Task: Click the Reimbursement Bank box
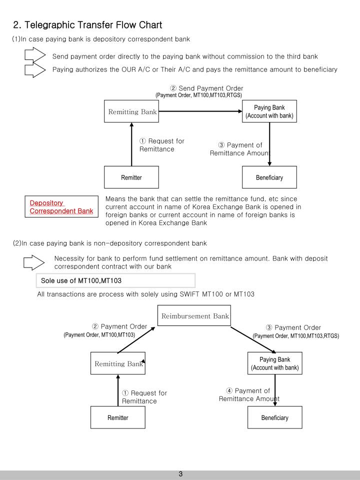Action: [194, 316]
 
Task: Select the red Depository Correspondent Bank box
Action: [61, 207]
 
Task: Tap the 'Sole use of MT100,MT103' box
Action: [115, 280]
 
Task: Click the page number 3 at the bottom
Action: [180, 473]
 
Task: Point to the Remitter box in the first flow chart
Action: [131, 177]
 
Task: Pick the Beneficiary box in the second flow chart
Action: [274, 418]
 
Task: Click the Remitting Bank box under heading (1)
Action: [131, 112]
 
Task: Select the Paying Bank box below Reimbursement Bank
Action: [274, 363]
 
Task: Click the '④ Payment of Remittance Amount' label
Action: [248, 394]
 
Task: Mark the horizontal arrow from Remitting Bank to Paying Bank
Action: [200, 112]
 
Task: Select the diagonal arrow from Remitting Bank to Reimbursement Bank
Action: [136, 339]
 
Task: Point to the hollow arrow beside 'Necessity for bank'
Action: [34, 262]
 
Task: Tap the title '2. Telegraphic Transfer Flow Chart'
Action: [87, 24]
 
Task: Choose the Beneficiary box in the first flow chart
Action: [269, 177]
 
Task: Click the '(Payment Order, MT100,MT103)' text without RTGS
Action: [99, 334]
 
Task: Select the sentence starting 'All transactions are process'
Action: [145, 294]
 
